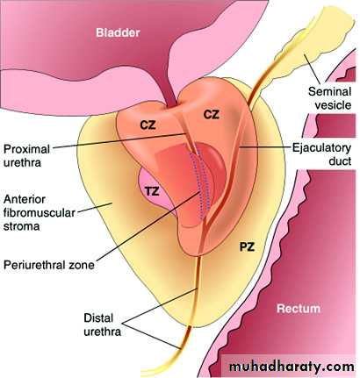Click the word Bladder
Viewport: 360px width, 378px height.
(118, 32)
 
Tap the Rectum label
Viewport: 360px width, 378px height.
(299, 309)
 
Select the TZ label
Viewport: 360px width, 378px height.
(152, 191)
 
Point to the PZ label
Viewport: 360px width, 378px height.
(247, 247)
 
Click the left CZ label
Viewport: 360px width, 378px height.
(148, 125)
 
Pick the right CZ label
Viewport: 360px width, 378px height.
(211, 114)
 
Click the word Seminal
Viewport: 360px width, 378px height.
(329, 91)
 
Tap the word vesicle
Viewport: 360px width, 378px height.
(333, 105)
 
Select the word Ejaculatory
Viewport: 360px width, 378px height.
(321, 148)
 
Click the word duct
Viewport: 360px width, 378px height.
(340, 161)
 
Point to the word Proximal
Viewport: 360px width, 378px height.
(26, 149)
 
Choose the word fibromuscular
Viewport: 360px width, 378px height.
(40, 213)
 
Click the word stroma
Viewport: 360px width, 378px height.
(21, 226)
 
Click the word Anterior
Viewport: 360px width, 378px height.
(25, 199)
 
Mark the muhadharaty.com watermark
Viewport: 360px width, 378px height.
(292, 366)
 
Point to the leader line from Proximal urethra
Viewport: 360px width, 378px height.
(119, 140)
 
